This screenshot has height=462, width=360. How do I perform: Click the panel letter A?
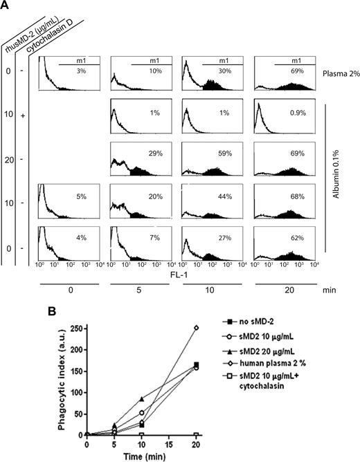pyautogui.click(x=6, y=6)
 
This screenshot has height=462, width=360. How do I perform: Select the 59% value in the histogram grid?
pyautogui.click(x=224, y=156)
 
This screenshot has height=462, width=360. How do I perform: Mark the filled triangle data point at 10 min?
pyautogui.click(x=141, y=399)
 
